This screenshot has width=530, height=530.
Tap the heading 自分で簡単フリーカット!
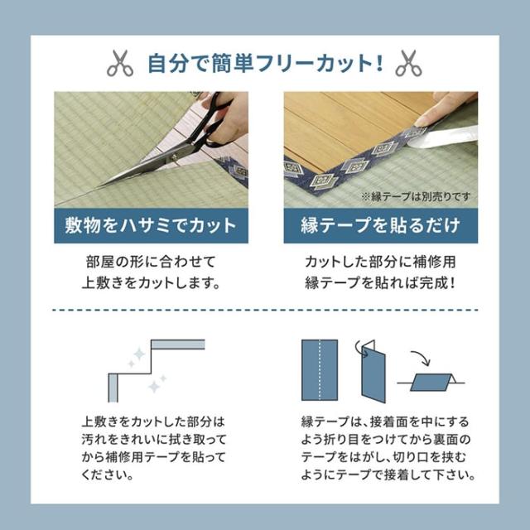(x=264, y=62)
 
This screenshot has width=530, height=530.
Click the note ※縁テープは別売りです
(x=419, y=197)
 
